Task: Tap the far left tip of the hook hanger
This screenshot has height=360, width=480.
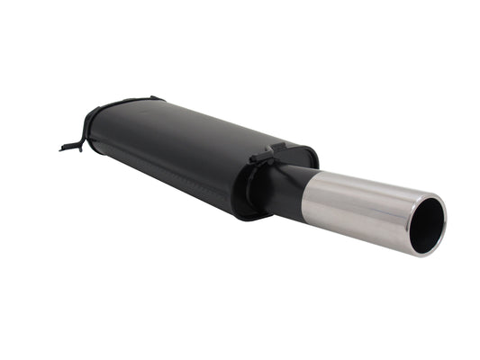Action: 62,148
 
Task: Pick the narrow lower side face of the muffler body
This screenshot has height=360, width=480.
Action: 162,184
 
